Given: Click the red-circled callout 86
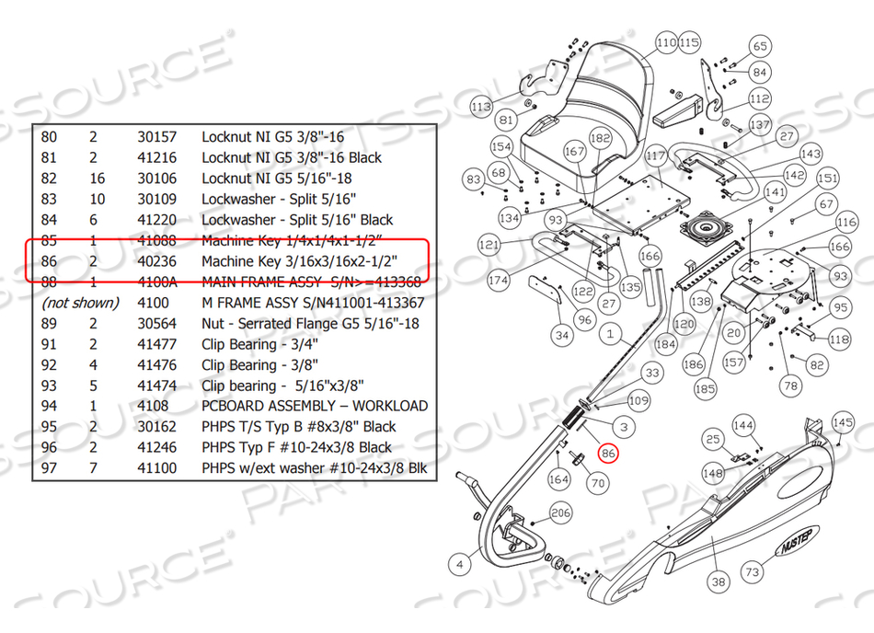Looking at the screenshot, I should (x=607, y=452).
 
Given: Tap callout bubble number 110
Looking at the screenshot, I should (x=666, y=42).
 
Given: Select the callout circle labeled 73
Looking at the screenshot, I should (x=753, y=571).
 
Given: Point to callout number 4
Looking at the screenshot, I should (x=459, y=561).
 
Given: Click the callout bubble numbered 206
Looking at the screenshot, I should (x=560, y=512).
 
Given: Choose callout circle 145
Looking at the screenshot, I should (x=843, y=422).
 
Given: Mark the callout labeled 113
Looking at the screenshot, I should (x=481, y=107).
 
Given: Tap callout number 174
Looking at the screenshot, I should (x=499, y=280).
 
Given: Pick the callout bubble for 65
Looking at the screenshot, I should (x=760, y=47).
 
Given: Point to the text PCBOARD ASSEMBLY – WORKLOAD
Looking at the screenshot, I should (x=315, y=406).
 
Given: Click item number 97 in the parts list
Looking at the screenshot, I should (x=49, y=468).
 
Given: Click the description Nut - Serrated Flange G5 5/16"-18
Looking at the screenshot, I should (x=310, y=323).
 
